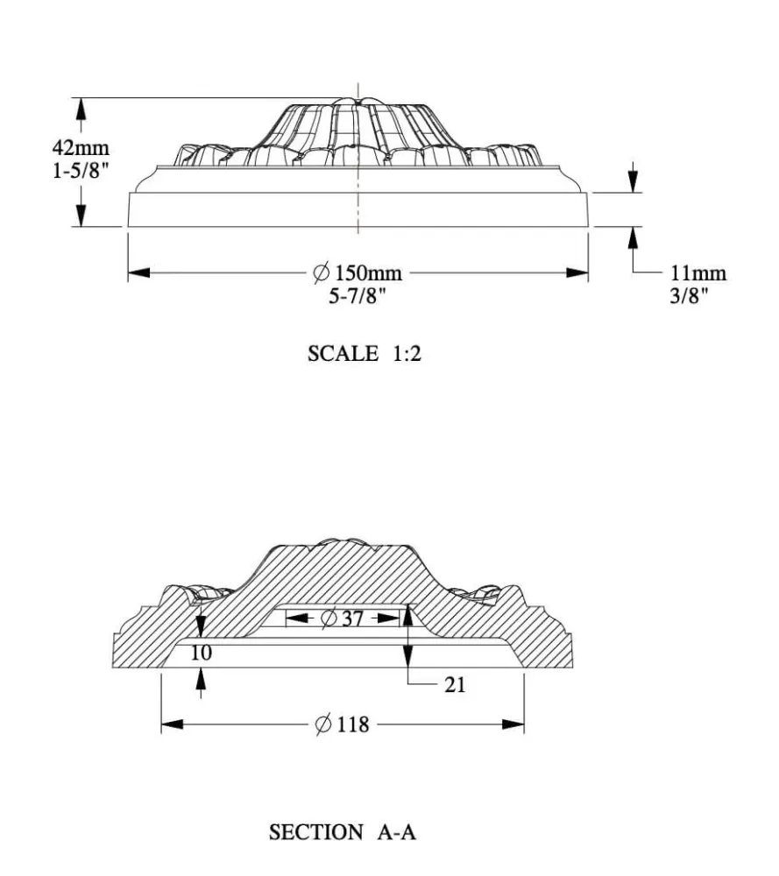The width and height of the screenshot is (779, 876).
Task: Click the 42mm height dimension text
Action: (x=81, y=148)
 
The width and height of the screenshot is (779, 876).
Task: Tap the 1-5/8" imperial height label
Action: (x=80, y=170)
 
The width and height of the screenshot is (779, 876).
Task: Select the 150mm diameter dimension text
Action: (x=368, y=272)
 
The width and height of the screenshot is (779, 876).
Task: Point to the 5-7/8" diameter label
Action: (x=358, y=295)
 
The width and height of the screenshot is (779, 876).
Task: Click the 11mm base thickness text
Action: (x=698, y=272)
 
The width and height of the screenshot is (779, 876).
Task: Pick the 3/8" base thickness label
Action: (x=689, y=295)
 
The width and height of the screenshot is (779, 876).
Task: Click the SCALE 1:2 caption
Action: (x=365, y=354)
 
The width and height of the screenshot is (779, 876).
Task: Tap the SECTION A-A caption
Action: (x=342, y=832)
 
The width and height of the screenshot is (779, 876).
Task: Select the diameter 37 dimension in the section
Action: (x=343, y=618)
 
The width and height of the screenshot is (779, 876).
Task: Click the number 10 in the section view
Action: (x=202, y=653)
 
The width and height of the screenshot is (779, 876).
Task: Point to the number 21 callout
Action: (x=455, y=684)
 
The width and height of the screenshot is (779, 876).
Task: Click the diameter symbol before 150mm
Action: (x=321, y=272)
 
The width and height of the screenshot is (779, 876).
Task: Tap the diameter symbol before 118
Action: (x=323, y=724)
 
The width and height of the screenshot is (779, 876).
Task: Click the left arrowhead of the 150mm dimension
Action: (x=139, y=272)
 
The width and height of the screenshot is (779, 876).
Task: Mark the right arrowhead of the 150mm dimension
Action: (x=577, y=272)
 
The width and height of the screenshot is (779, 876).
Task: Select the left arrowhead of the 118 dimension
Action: (x=172, y=724)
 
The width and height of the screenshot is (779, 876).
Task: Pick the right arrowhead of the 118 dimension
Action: (x=513, y=724)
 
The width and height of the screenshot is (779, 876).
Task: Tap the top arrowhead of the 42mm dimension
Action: (x=81, y=109)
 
